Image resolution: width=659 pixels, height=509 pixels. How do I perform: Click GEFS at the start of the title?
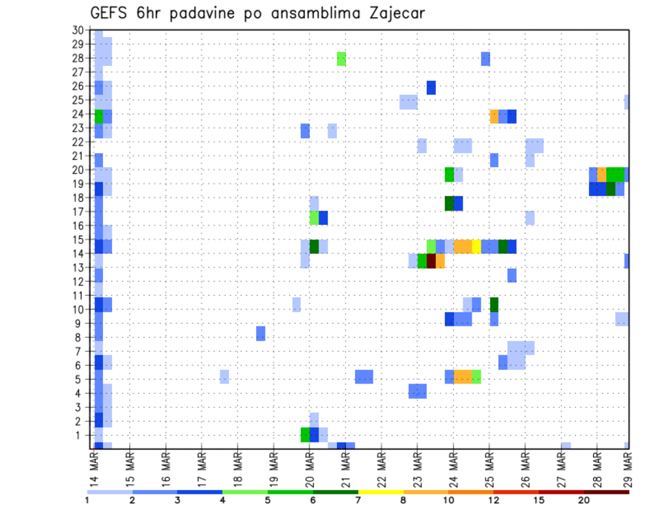click(111, 13)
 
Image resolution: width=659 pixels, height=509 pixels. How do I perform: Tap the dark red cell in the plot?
click(431, 261)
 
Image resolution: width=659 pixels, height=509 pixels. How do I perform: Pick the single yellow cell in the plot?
click(476, 246)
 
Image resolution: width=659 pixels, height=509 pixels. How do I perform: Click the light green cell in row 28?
click(341, 59)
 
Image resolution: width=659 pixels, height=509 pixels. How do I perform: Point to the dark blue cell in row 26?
click(431, 87)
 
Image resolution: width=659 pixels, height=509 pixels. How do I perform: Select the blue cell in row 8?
click(261, 333)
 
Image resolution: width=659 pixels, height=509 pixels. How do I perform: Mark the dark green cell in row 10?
click(494, 305)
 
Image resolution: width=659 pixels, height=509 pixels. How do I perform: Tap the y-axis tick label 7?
click(80, 351)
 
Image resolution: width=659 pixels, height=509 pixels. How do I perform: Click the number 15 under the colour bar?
click(538, 500)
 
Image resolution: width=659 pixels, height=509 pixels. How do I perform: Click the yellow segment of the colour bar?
click(380, 492)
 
